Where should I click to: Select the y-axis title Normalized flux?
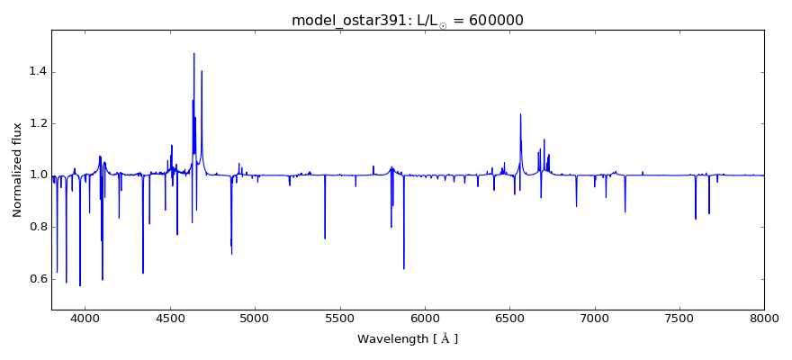click(18, 170)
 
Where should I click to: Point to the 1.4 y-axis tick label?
click(35, 72)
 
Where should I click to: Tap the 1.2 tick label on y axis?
click(35, 123)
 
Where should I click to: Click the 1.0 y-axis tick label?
click(35, 175)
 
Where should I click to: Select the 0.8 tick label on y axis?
click(35, 227)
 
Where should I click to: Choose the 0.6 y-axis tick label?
click(35, 279)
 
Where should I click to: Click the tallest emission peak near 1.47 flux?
click(193, 53)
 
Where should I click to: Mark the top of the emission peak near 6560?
click(520, 114)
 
